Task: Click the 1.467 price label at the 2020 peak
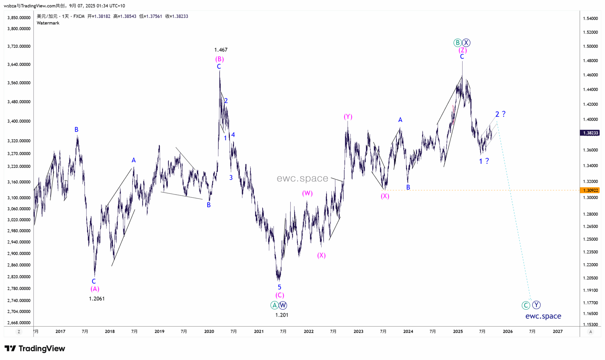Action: [221, 50]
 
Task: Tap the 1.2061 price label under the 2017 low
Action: [97, 299]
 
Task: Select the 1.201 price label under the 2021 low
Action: [282, 315]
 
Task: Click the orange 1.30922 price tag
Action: [590, 190]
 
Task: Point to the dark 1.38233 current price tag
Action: [590, 133]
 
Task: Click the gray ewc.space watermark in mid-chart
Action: [302, 178]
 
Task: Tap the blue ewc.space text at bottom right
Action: [543, 316]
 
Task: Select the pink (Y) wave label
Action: [348, 117]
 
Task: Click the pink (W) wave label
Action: [307, 193]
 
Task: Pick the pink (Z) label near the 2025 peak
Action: [463, 50]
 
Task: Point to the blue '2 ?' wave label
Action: [500, 114]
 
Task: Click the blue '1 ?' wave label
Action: [484, 161]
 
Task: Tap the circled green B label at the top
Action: [457, 43]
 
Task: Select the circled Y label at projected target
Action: [536, 305]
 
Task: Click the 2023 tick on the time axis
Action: [358, 332]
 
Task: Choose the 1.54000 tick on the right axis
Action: [590, 19]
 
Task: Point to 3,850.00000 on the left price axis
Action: [19, 18]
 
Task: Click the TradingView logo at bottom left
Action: [35, 349]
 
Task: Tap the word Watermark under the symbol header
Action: [48, 23]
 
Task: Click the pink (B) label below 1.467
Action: [220, 59]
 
